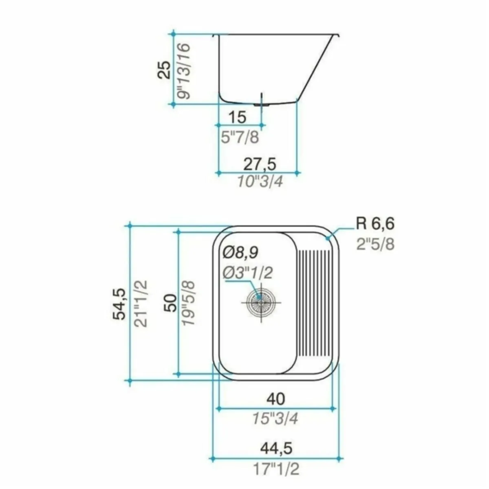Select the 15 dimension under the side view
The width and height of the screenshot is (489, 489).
coord(238,117)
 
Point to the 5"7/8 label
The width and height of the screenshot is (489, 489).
coord(240,137)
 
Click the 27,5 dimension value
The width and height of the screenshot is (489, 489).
coord(260,165)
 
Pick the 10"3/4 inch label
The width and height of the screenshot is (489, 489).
coord(260,182)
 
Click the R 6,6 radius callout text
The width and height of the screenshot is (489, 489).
coord(375,224)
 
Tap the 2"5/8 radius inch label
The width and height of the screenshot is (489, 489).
coord(376,244)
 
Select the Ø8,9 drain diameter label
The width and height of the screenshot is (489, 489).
coord(240,253)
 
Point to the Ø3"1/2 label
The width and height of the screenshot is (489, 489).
coord(248,273)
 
